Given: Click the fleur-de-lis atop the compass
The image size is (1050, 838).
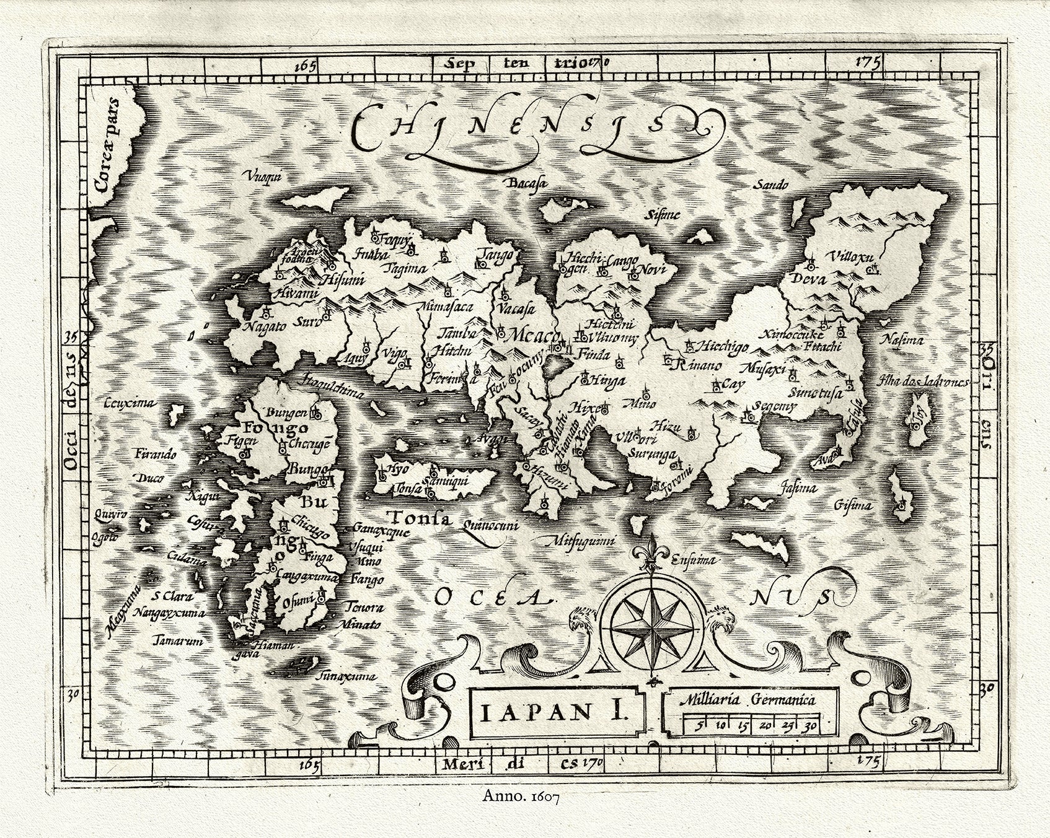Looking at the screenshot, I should (650, 554).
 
